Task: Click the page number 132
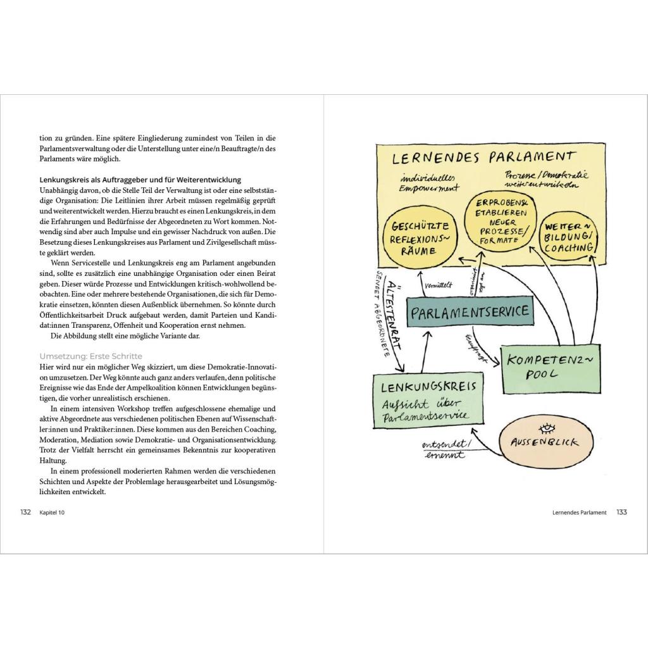tap(25, 512)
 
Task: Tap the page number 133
tap(621, 512)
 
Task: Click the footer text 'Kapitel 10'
tap(52, 513)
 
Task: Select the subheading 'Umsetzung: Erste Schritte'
tap(90, 356)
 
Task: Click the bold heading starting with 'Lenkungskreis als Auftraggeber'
tap(140, 180)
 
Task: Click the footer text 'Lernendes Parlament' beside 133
tap(578, 513)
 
